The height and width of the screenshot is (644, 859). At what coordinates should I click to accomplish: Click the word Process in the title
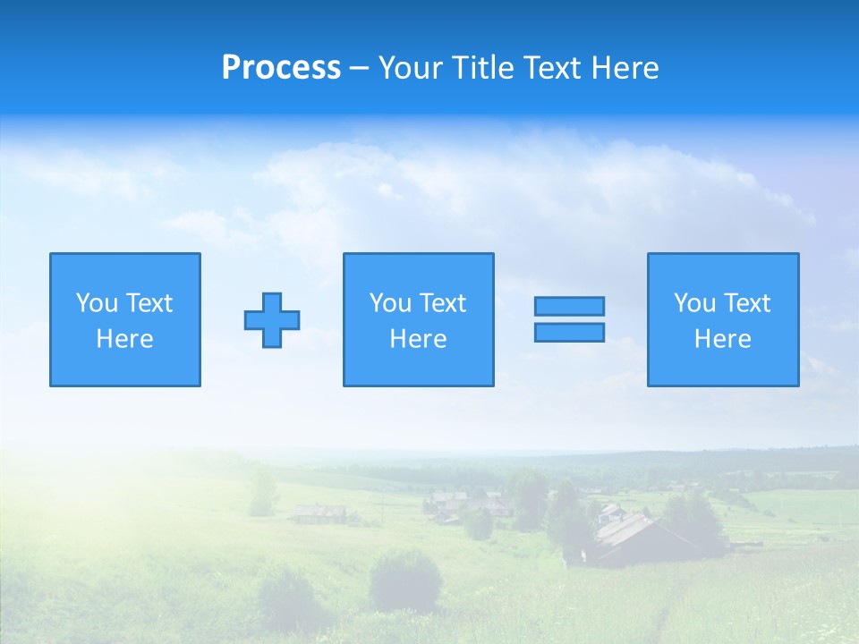pos(281,68)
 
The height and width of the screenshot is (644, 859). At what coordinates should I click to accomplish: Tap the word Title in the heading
pos(484,68)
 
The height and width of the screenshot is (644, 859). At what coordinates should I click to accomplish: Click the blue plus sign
pos(272,320)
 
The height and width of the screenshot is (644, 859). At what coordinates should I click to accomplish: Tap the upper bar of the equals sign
pos(569,307)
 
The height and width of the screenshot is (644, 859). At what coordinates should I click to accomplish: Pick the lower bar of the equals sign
pos(569,332)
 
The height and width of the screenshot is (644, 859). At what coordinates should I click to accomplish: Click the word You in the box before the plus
pos(97,303)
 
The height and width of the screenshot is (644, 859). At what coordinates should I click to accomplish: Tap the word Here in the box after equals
pos(723,339)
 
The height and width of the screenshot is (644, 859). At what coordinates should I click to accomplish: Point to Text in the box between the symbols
pos(443,303)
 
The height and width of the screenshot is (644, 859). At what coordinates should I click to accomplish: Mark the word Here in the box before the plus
pos(125,339)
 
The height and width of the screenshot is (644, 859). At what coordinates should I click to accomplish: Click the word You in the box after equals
pos(694,303)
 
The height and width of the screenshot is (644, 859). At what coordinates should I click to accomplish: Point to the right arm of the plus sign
pos(291,320)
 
